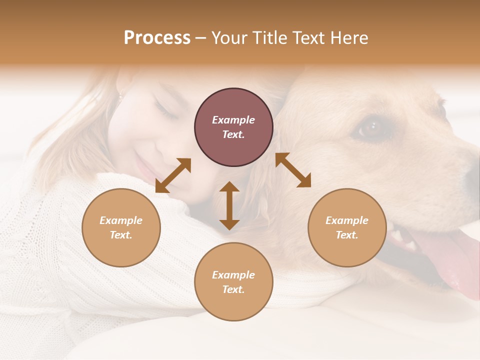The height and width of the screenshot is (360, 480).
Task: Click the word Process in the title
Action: (157, 38)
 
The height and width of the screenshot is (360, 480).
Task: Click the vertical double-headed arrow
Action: (229, 205)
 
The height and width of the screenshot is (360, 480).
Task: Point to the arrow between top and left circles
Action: (173, 175)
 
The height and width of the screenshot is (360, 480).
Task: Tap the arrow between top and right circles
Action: (293, 170)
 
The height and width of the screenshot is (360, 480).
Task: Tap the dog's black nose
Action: (472, 175)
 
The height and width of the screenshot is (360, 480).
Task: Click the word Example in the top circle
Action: (233, 120)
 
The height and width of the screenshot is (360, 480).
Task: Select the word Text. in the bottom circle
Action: (233, 289)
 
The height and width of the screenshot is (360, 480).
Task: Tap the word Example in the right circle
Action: (347, 220)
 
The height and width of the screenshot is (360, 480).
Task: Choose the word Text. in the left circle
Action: (121, 235)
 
